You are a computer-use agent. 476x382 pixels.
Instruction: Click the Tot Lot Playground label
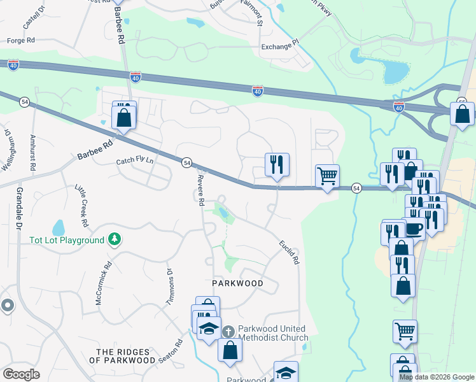67,240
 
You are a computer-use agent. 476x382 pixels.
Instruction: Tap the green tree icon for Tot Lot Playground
115,239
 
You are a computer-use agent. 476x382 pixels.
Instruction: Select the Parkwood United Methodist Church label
272,333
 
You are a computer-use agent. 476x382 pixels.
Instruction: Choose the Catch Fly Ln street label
135,162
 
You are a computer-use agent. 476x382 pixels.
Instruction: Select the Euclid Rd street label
288,252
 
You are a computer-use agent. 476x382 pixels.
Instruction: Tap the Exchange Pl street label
279,46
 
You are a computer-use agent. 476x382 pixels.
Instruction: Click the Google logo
22,374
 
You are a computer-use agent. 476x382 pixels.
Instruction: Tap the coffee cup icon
414,228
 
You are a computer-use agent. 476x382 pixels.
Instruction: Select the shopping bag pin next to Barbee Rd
123,117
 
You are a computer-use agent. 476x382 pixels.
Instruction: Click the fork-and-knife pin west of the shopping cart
277,165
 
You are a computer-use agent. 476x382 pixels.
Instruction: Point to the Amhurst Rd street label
33,152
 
